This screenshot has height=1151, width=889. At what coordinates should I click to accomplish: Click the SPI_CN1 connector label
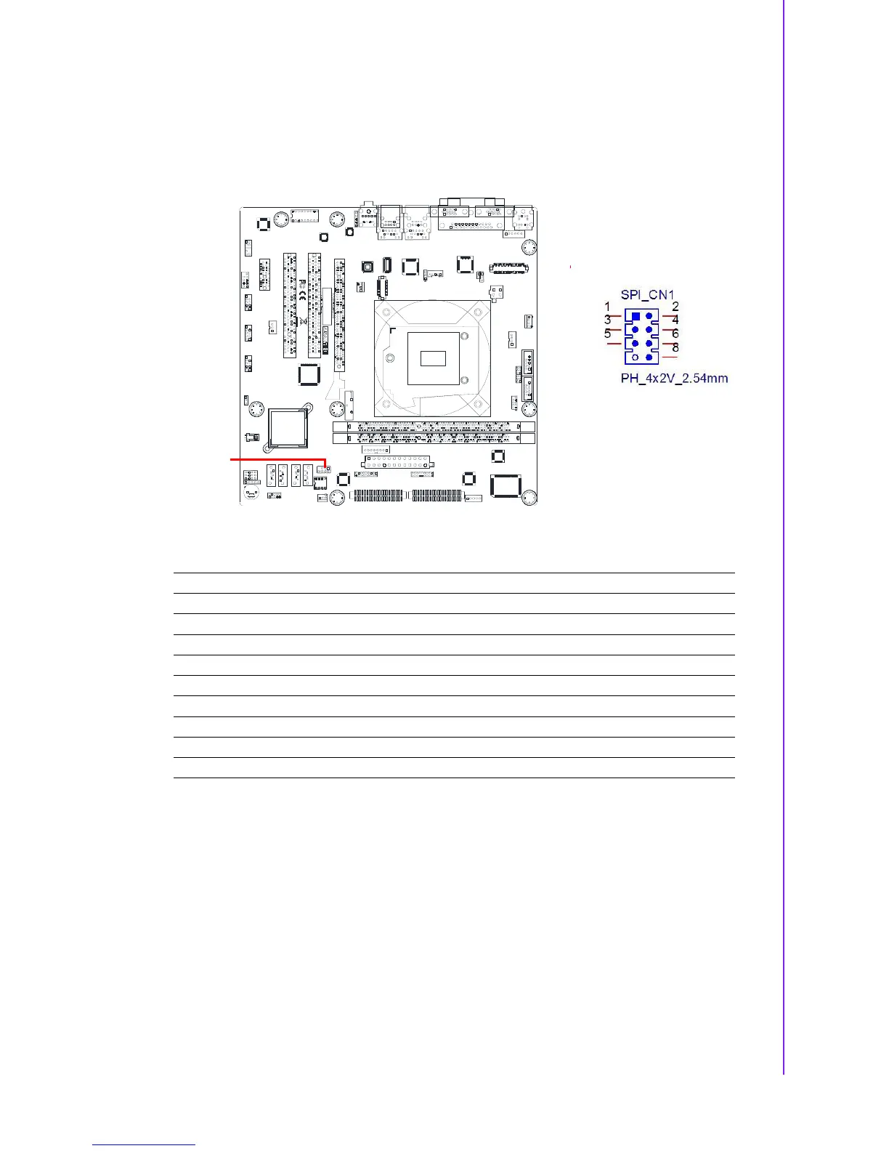[x=647, y=295]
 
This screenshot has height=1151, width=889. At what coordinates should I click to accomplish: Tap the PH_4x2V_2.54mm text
[x=674, y=378]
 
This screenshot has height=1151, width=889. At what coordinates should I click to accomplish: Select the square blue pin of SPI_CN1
[x=636, y=317]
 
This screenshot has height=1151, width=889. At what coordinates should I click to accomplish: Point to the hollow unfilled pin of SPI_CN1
[x=636, y=357]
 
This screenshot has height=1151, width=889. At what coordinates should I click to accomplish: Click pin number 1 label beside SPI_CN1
[x=607, y=307]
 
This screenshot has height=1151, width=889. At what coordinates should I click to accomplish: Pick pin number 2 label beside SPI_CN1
[x=675, y=307]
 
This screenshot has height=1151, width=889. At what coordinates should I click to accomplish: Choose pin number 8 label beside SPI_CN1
[x=675, y=347]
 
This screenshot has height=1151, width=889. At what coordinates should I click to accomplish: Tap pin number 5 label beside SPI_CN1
[x=607, y=334]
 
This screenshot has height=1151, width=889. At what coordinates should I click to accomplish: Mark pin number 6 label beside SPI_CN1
[x=675, y=334]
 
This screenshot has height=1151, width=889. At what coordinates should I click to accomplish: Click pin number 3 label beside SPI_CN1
[x=607, y=320]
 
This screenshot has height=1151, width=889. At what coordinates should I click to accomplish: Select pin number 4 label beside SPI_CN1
[x=675, y=320]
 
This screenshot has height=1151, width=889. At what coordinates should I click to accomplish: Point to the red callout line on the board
[x=276, y=460]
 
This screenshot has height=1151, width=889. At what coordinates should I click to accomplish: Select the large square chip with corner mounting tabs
[x=288, y=427]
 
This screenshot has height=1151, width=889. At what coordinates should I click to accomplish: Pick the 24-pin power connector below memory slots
[x=396, y=463]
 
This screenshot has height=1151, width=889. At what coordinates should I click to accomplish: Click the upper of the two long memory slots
[x=434, y=427]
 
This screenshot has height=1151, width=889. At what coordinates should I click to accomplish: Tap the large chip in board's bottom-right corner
[x=506, y=485]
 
